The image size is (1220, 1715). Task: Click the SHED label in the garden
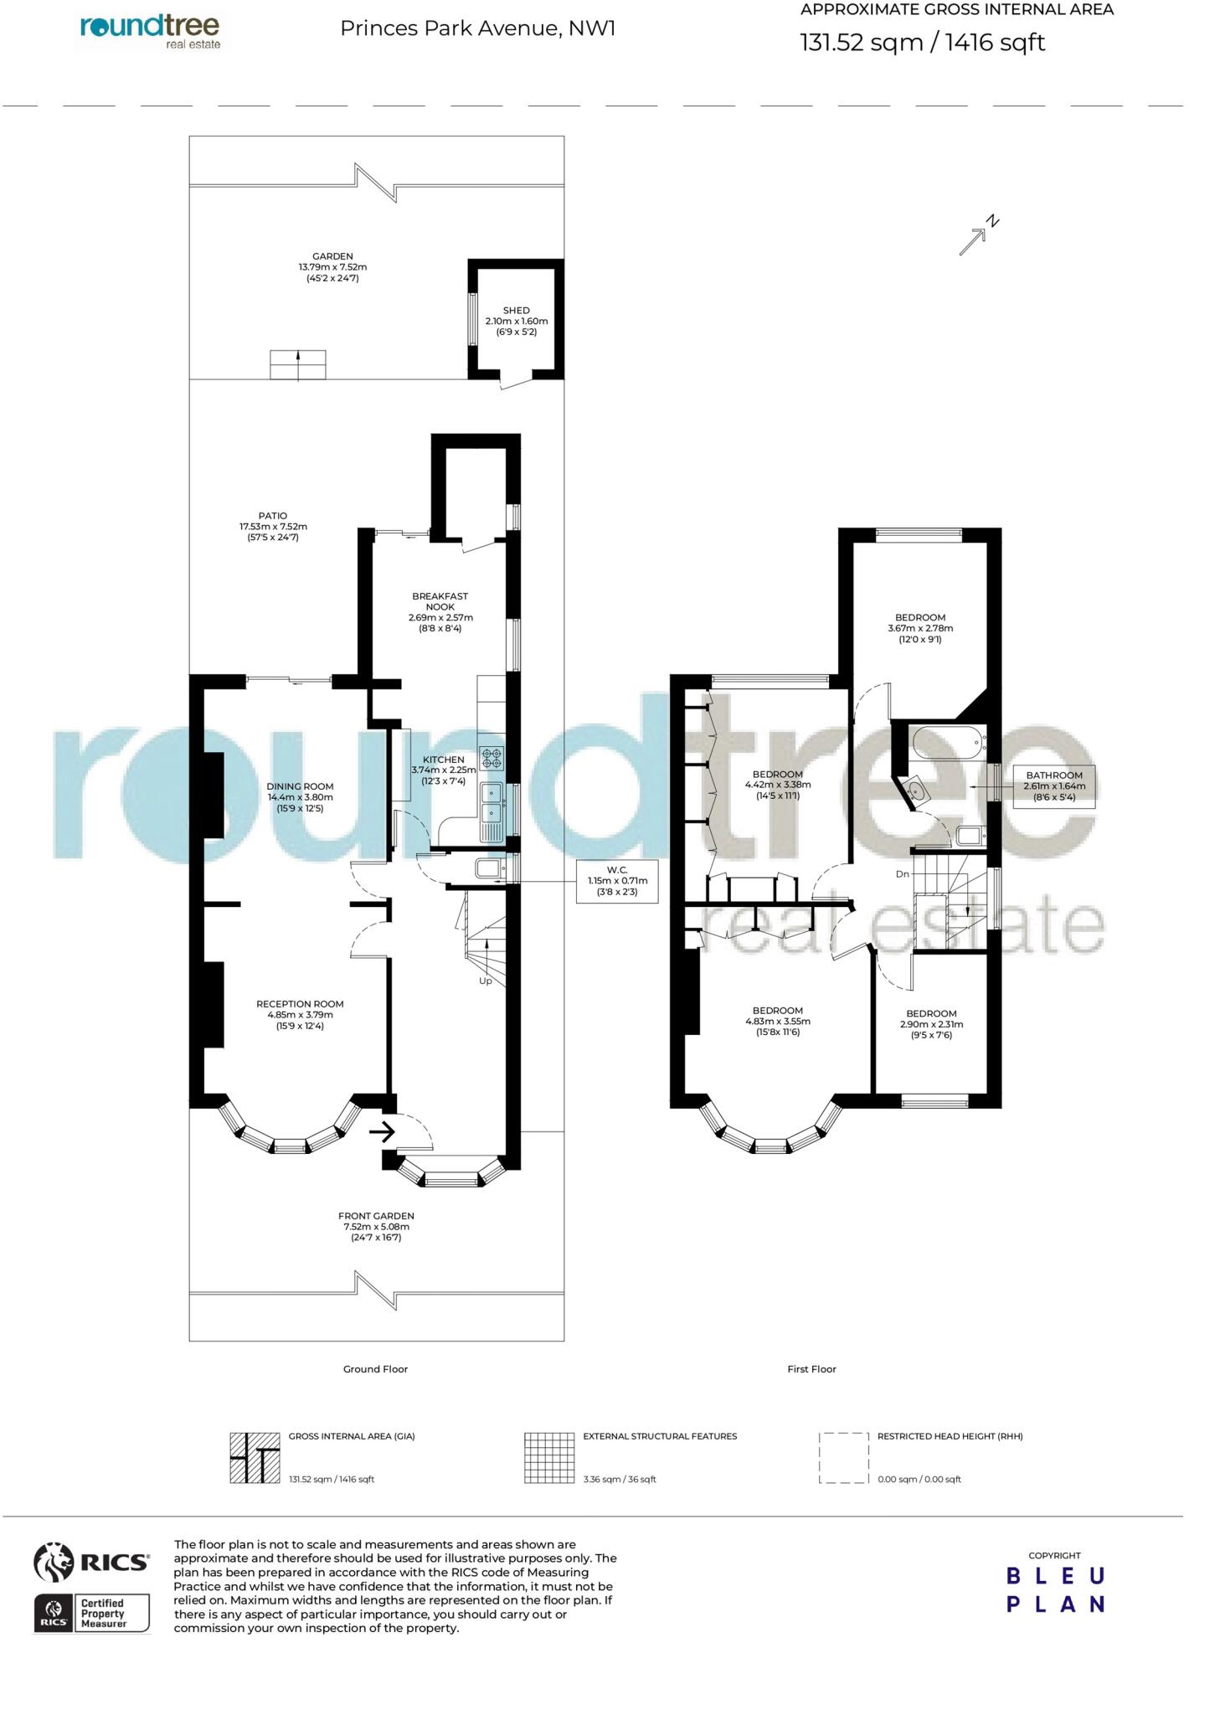[x=516, y=311]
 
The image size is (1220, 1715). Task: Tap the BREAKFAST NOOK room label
[x=440, y=601]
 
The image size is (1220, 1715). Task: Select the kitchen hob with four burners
[x=491, y=758]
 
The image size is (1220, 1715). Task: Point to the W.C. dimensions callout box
[x=617, y=880]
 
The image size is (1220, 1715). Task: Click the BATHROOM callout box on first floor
[x=1053, y=785]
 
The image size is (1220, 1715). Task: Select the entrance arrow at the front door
[x=382, y=1133]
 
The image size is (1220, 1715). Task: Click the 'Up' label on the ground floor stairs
[x=485, y=981]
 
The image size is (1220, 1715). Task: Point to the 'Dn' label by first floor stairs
[x=902, y=874]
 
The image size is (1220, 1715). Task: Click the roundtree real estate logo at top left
[x=151, y=31]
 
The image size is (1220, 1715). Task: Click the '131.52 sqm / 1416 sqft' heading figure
[x=922, y=42]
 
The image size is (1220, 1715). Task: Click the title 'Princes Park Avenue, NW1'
[x=477, y=28]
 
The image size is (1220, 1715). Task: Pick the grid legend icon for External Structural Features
[x=549, y=1458]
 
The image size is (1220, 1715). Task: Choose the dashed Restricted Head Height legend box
[x=843, y=1458]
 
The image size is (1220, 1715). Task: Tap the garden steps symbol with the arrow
[x=297, y=365]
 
